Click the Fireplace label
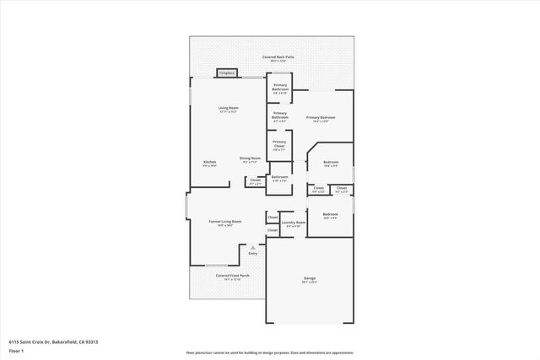pos(226,73)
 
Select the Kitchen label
pos(209,162)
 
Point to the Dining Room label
pos(250,158)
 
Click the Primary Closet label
pos(279,142)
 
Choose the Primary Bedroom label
pos(321,117)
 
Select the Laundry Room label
pos(294,223)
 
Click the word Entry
pos(252,253)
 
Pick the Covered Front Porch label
pos(232,275)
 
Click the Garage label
pos(310,278)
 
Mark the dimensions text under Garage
pos(310,282)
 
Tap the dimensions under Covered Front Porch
pos(232,279)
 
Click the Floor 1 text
pos(16,349)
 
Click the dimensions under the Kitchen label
pos(209,166)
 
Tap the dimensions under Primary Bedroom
pos(321,121)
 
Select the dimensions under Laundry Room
pos(294,227)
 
